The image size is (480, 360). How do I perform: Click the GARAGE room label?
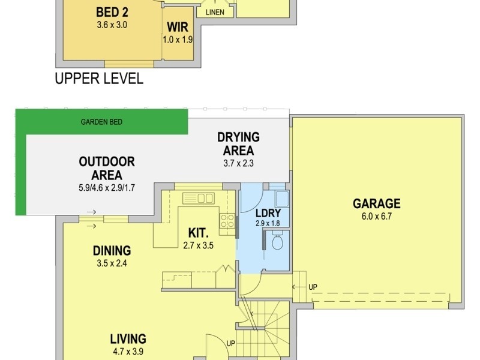pyautogui.click(x=377, y=203)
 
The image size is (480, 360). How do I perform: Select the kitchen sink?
pyautogui.click(x=199, y=198)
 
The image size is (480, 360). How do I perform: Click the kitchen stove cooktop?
pyautogui.click(x=227, y=221)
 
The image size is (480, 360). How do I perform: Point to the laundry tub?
pyautogui.click(x=282, y=199)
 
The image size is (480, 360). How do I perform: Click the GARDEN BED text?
pyautogui.click(x=101, y=122)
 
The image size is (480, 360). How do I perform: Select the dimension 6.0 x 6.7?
pyautogui.click(x=377, y=217)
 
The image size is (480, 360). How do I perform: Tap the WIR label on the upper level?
pyautogui.click(x=178, y=27)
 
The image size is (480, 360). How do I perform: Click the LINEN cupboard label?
pyautogui.click(x=215, y=12)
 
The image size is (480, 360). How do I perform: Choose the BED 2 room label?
pyautogui.click(x=112, y=12)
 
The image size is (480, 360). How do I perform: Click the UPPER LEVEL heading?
pyautogui.click(x=99, y=79)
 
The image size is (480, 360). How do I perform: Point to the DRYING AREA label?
pyautogui.click(x=238, y=143)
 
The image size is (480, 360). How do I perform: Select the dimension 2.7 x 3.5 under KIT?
pyautogui.click(x=198, y=245)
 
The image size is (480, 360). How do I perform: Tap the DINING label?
pyautogui.click(x=112, y=251)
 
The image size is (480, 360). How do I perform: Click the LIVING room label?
pyautogui.click(x=128, y=339)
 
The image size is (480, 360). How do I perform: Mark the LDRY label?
pyautogui.click(x=268, y=213)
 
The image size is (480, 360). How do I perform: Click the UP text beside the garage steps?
pyautogui.click(x=313, y=287)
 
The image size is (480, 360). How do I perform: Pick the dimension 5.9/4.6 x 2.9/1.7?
pyautogui.click(x=107, y=188)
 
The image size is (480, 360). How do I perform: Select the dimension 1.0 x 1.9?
pyautogui.click(x=178, y=40)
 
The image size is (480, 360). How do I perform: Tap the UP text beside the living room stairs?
pyautogui.click(x=231, y=343)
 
